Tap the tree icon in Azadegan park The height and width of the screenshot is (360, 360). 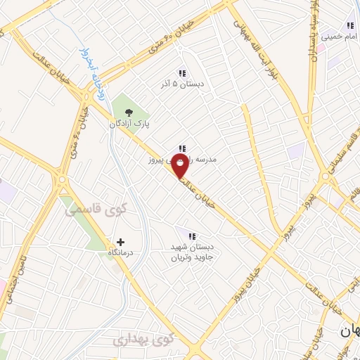coord(128,111)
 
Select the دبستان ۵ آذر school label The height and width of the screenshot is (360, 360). coord(182,84)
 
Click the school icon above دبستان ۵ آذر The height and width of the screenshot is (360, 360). coord(182,73)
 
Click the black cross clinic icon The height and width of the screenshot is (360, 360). coord(120,242)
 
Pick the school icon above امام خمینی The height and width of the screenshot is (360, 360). coord(350,25)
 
